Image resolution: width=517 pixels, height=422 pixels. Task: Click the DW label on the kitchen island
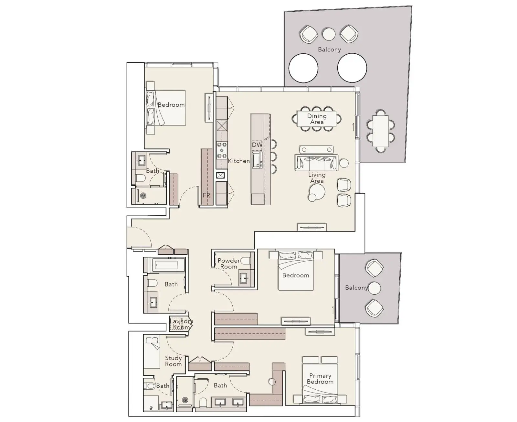pyautogui.click(x=257, y=145)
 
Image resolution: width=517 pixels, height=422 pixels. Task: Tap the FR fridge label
pyautogui.click(x=206, y=195)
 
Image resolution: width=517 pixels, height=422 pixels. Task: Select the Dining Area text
pyautogui.click(x=317, y=119)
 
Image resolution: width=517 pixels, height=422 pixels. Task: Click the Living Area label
pyautogui.click(x=317, y=178)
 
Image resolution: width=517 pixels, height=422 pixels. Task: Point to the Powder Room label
pyautogui.click(x=229, y=264)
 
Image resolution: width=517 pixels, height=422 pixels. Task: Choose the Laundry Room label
pyautogui.click(x=181, y=324)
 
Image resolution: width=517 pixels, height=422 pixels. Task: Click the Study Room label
pyautogui.click(x=173, y=361)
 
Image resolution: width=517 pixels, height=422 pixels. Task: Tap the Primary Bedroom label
pyautogui.click(x=320, y=379)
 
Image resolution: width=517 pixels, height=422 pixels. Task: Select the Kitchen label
pyautogui.click(x=239, y=161)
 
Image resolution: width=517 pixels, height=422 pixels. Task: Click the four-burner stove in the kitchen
pyautogui.click(x=222, y=150)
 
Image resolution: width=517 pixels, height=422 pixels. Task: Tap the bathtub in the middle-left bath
pyautogui.click(x=166, y=265)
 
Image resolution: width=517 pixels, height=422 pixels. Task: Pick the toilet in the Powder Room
pyautogui.click(x=245, y=261)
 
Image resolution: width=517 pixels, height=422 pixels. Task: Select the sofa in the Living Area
pyautogui.click(x=316, y=162)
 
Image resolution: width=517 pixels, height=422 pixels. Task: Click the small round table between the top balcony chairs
pyautogui.click(x=329, y=34)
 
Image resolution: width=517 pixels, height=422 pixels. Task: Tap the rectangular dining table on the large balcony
pyautogui.click(x=381, y=131)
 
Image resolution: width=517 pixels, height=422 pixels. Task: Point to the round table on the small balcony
pyautogui.click(x=374, y=288)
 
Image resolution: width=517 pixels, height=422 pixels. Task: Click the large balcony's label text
pyautogui.click(x=330, y=49)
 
